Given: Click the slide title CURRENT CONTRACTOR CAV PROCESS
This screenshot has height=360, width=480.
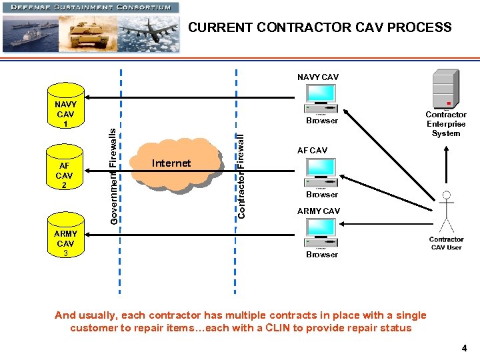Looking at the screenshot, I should coord(319,27).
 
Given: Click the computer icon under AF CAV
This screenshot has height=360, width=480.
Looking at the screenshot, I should coord(321,173).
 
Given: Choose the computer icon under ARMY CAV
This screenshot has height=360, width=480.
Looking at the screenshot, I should coord(321,233).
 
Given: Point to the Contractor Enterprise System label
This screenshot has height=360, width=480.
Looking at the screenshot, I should coord(445,124).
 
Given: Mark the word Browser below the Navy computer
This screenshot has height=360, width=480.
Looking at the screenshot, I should coord(322,121).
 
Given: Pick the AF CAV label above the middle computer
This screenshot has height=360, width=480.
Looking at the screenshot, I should coord(312,151).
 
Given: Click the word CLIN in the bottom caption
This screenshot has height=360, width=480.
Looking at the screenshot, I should coord(297,327).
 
